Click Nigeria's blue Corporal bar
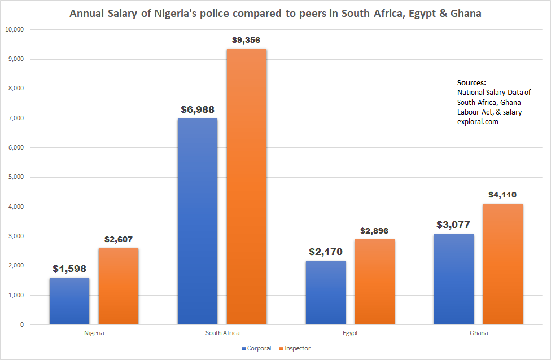(69, 301)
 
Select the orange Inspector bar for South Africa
(246, 186)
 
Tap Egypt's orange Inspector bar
(374, 282)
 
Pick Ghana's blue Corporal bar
(454, 279)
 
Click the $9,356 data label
(246, 40)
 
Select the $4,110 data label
(502, 195)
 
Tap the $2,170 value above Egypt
(326, 252)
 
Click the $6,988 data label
(198, 109)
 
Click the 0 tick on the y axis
(22, 325)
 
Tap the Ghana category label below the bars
(479, 333)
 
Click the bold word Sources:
(471, 82)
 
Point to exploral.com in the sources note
(478, 121)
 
